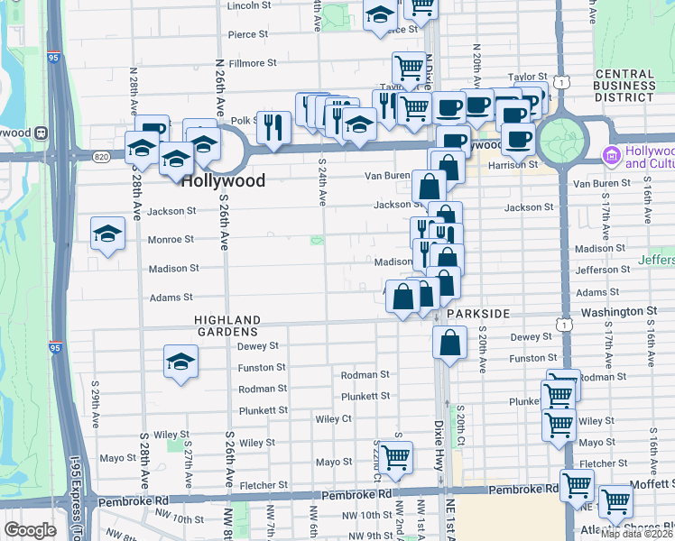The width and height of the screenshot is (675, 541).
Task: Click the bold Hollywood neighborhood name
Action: click(223, 180)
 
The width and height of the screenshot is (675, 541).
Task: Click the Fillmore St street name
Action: click(252, 63)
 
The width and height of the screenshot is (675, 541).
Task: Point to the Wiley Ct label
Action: click(333, 419)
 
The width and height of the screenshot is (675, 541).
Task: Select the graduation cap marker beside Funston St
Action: click(180, 362)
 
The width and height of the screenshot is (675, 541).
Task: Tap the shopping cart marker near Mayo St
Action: click(395, 458)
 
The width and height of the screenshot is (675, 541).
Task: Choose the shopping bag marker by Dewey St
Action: click(449, 343)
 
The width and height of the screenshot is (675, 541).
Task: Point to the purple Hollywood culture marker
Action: click(612, 156)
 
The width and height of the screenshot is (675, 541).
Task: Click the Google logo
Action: click(31, 530)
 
